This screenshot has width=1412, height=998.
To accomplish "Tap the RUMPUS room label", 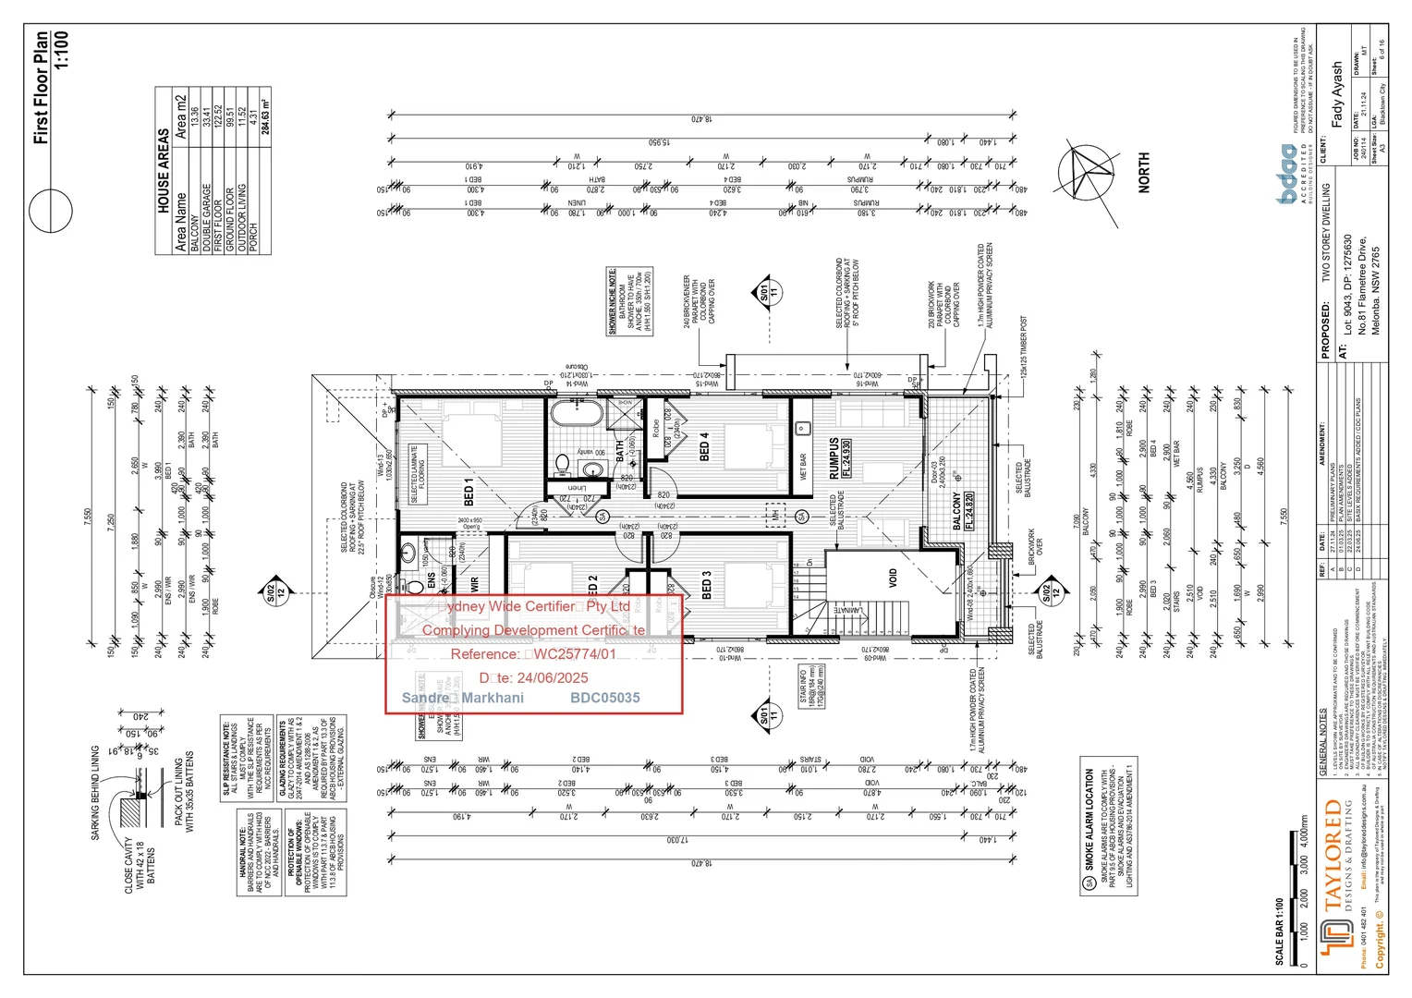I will pyautogui.click(x=834, y=458).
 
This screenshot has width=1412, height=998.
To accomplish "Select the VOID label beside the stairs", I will pyautogui.click(x=893, y=578).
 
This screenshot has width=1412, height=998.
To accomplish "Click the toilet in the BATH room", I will pyautogui.click(x=563, y=462).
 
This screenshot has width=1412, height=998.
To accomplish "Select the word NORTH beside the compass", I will pyautogui.click(x=1144, y=173).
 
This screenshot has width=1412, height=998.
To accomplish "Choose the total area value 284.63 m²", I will pyautogui.click(x=265, y=116).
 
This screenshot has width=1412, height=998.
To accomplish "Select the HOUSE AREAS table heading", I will pyautogui.click(x=164, y=171).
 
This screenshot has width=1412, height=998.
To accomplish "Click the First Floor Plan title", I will pyautogui.click(x=41, y=88).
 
